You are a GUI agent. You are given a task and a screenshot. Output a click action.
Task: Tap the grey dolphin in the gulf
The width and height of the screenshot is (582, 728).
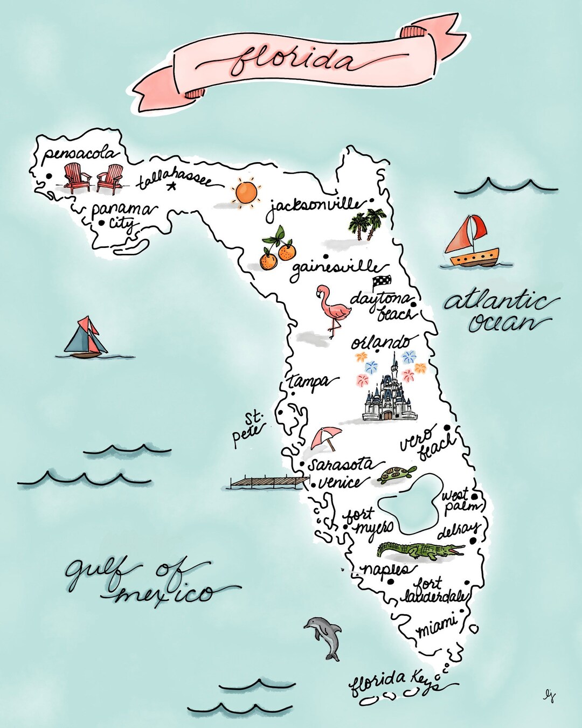coord(325,637)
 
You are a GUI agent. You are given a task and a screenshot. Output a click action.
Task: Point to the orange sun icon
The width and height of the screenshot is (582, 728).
coord(246,193)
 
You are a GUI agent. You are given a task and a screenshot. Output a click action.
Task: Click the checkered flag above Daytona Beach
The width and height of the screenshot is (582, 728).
coord(382,282)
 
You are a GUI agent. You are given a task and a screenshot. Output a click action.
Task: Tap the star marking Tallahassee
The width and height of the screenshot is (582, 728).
coord(172,187)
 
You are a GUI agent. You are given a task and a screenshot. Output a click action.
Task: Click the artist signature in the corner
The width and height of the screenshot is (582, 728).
coord(549,696)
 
